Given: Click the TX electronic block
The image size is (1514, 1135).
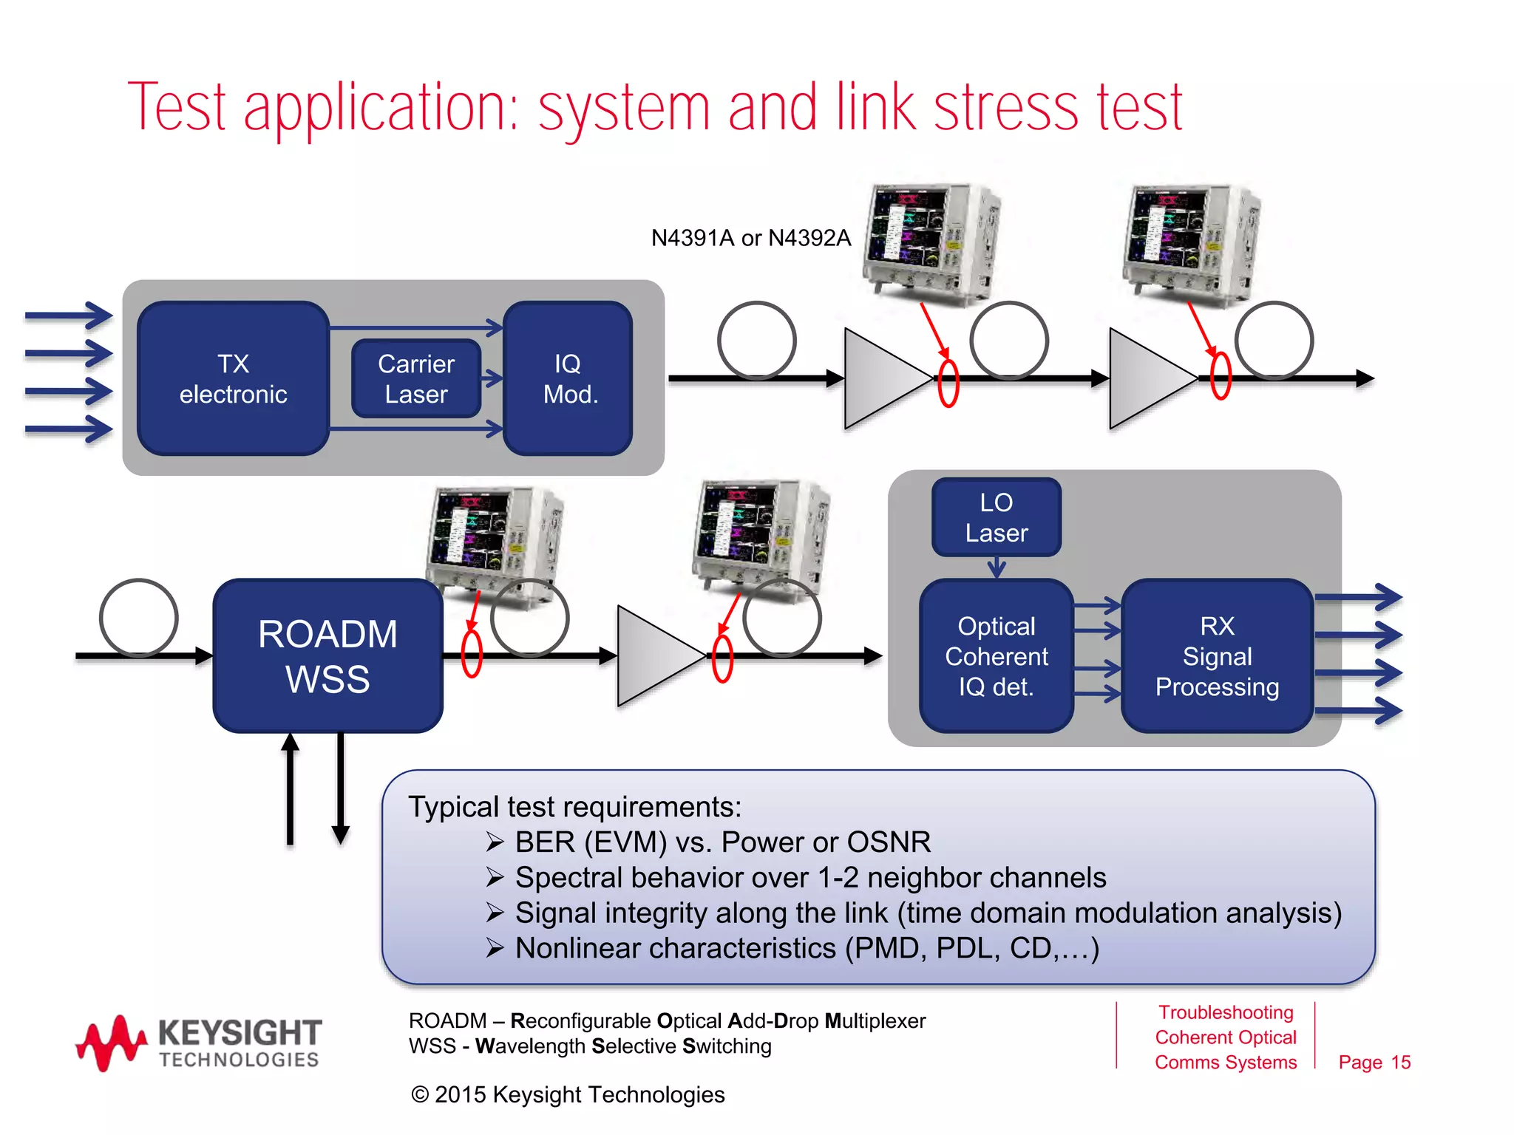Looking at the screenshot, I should [233, 378].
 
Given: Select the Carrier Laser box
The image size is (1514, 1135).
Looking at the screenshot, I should [416, 378].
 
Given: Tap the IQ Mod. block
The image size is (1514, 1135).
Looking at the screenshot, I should [568, 378].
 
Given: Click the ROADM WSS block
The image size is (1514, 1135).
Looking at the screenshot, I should [327, 656].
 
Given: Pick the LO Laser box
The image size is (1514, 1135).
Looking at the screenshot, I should [996, 517].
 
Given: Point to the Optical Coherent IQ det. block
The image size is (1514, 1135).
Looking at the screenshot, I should [996, 656].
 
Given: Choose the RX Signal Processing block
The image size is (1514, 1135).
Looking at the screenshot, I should [1217, 656].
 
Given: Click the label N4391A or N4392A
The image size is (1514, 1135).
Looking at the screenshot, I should [750, 238].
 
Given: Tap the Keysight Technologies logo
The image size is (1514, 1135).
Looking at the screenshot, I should [200, 1042].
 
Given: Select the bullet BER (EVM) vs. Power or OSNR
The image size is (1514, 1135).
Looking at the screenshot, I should [722, 842].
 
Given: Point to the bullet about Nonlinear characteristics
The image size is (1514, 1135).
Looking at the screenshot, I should [807, 948].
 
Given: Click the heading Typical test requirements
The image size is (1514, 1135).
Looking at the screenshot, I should [574, 807].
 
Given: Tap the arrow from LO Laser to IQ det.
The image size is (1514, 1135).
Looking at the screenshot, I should [997, 567].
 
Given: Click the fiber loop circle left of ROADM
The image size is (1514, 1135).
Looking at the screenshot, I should [138, 618].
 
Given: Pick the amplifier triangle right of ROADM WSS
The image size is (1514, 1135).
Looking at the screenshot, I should [654, 656].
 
